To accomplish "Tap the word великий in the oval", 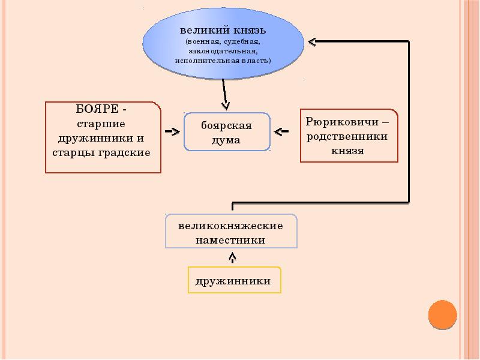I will [x=200, y=30].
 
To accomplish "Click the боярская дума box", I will [x=226, y=132].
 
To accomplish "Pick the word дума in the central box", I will [x=226, y=140].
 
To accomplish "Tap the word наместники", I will [x=230, y=240].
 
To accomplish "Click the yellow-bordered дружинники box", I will [x=233, y=280].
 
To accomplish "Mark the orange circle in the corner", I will [x=443, y=314].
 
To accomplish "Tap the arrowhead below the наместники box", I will [x=233, y=257].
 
